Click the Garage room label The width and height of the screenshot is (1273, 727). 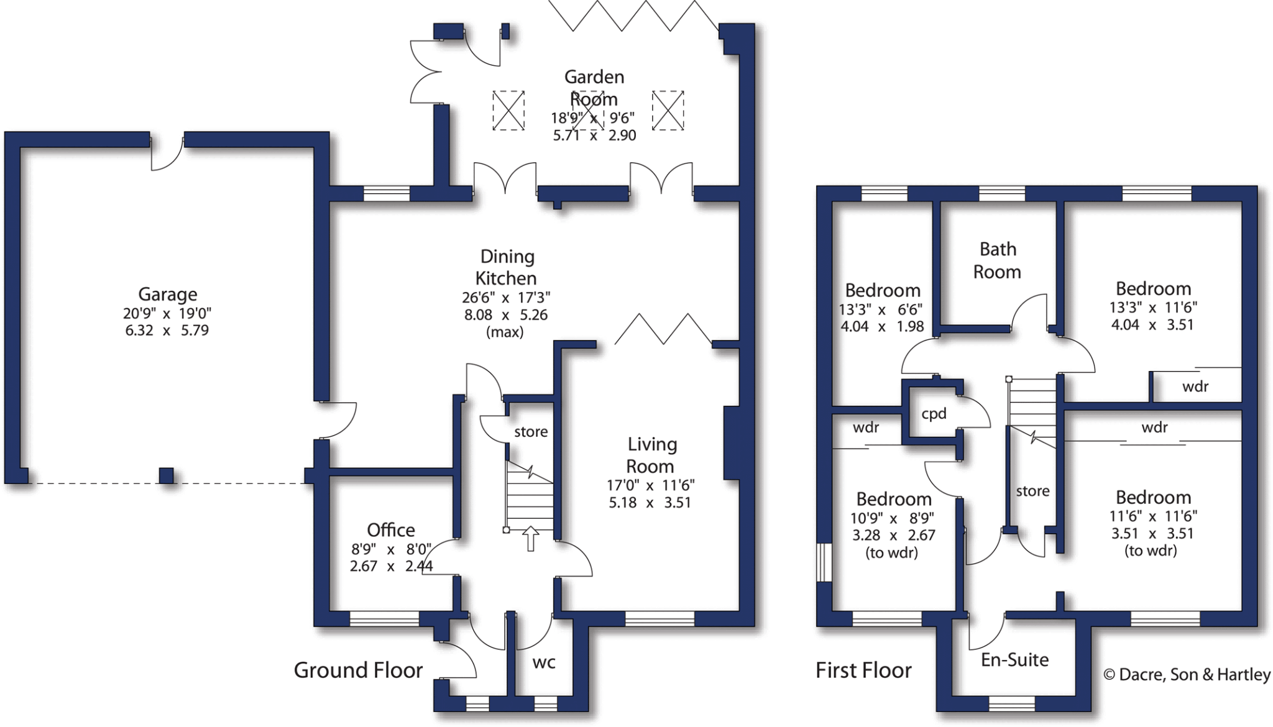point(167,294)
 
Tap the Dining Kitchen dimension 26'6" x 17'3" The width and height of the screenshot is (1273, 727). point(505,298)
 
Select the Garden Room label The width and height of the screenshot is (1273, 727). point(594,88)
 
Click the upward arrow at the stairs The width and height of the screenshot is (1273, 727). point(530,538)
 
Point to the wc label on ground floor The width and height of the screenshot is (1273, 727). point(544,662)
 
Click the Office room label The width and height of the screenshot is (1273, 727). point(390,530)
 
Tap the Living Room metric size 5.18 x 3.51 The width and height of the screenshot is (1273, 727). point(650,503)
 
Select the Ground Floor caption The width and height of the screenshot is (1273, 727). point(358,670)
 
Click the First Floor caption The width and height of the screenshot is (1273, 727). point(863,670)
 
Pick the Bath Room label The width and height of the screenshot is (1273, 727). point(998,260)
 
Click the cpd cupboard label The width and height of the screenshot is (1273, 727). point(934,414)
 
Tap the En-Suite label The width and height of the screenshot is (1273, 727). point(1014,660)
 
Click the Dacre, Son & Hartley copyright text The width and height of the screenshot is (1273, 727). point(1187,675)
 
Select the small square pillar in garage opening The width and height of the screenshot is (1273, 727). point(167,475)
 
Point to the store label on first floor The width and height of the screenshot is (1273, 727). point(1032,491)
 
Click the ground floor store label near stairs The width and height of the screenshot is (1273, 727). point(531,432)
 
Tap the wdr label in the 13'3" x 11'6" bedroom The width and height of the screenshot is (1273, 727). point(1195,386)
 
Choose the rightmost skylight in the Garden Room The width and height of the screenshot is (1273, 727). point(668,111)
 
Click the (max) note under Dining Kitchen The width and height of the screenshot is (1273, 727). point(505,332)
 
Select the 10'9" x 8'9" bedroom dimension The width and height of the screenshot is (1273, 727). point(892,518)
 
